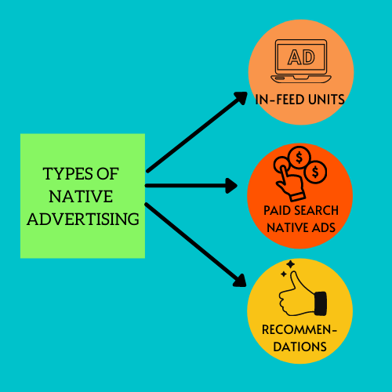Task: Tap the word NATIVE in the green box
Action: (x=81, y=197)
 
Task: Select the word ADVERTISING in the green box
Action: (x=83, y=219)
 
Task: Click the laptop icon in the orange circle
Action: (x=301, y=61)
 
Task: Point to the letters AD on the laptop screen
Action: (x=301, y=57)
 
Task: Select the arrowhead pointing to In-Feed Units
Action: (x=241, y=98)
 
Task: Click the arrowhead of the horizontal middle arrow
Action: (x=231, y=186)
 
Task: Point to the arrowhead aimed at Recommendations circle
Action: (x=240, y=281)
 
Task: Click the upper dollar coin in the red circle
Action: (x=299, y=158)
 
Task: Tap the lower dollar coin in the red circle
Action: (x=316, y=172)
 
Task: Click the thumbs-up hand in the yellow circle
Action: (x=302, y=294)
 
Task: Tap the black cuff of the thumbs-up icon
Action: (x=321, y=303)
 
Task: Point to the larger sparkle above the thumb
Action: (x=290, y=264)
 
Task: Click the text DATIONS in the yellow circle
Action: (x=299, y=347)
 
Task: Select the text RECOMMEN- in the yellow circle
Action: (x=299, y=329)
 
